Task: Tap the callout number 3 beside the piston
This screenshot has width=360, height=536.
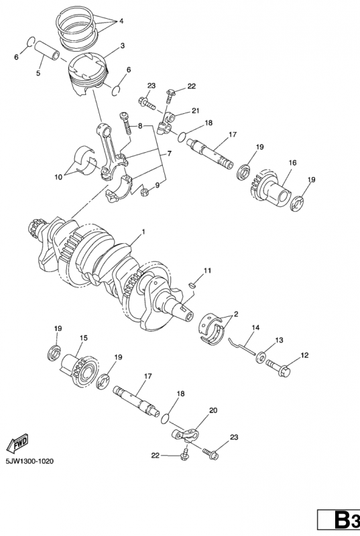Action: point(123,46)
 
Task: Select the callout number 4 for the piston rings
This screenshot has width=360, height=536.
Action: point(121,21)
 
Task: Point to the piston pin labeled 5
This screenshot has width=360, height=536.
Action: point(47,51)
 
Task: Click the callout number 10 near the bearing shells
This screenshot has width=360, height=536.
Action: point(59,177)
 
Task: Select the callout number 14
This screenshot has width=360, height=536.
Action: point(255,328)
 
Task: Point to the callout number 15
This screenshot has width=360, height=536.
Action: point(84,338)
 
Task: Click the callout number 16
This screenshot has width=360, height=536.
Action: point(292,162)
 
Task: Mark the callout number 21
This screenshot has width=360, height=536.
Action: point(195,111)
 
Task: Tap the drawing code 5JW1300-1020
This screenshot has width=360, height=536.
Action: point(29,462)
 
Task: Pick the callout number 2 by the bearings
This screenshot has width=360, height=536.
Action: point(235,314)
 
